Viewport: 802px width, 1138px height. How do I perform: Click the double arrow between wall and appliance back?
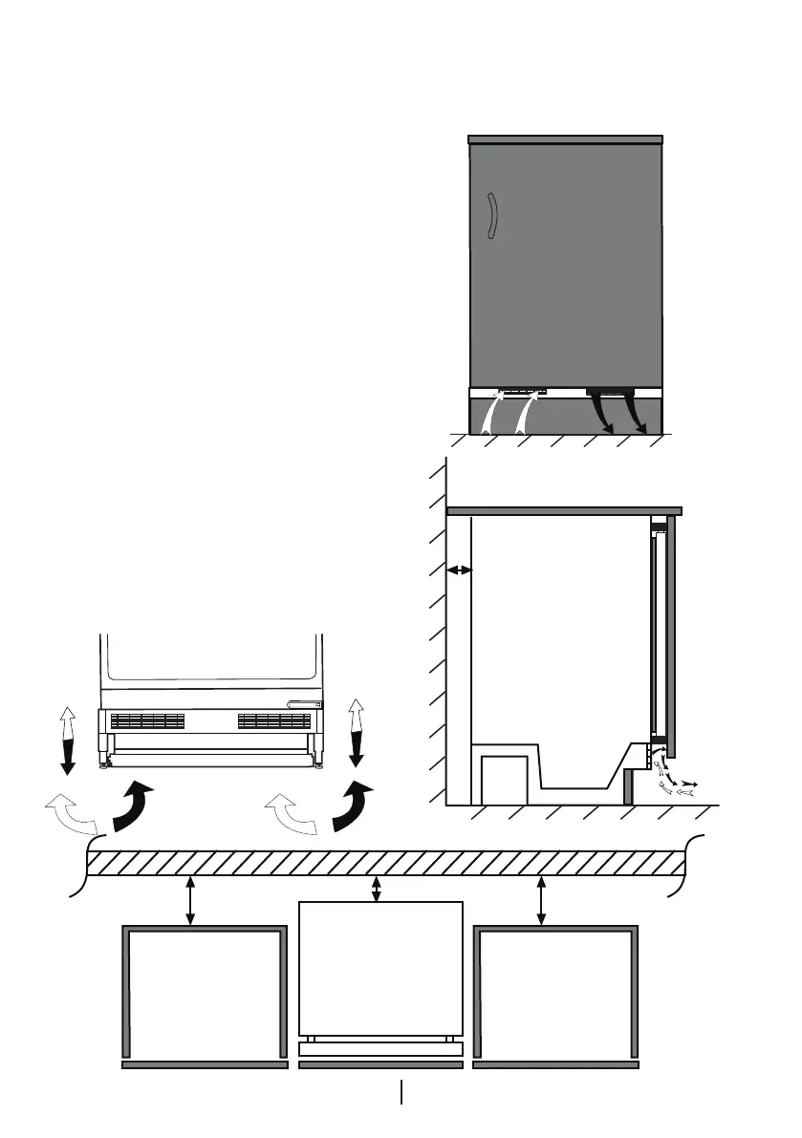pyautogui.click(x=459, y=569)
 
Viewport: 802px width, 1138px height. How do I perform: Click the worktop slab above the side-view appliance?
pyautogui.click(x=564, y=510)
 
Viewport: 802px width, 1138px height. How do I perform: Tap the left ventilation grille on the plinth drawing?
pyautogui.click(x=147, y=719)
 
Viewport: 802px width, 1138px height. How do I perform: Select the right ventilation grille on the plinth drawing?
pyautogui.click(x=274, y=719)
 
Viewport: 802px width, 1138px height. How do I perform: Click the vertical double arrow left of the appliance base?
pyautogui.click(x=67, y=741)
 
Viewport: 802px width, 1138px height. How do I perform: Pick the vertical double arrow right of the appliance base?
pyautogui.click(x=357, y=733)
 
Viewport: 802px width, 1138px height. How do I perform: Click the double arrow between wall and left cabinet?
pyautogui.click(x=191, y=900)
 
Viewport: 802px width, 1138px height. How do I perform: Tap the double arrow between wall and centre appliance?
pyautogui.click(x=376, y=890)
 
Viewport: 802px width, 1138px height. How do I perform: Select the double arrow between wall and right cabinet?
pyautogui.click(x=542, y=900)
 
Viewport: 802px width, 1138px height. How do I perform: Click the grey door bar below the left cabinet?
pyautogui.click(x=205, y=1063)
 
